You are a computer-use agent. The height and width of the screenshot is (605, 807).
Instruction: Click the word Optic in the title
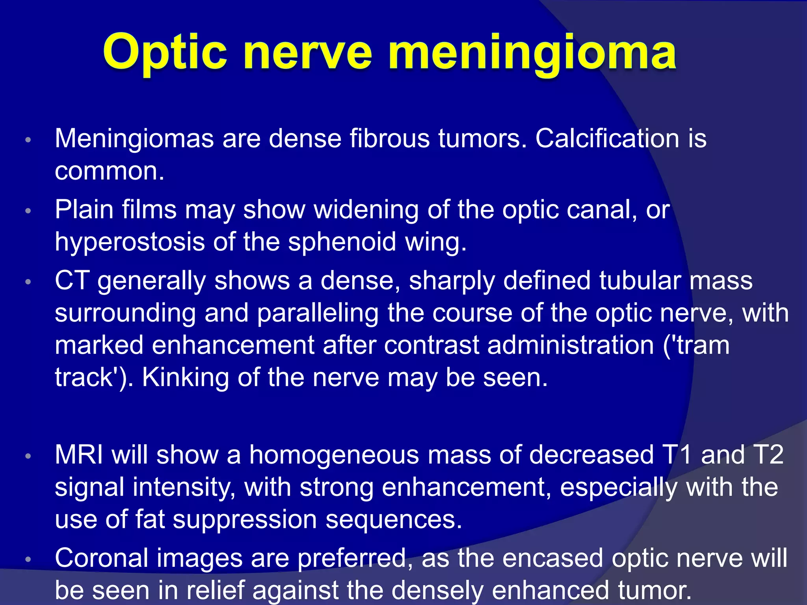point(165,53)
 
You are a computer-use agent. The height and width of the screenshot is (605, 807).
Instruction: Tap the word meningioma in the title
point(532,53)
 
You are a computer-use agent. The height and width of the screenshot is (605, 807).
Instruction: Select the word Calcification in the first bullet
point(607,139)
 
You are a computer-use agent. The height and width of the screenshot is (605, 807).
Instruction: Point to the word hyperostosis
point(130,242)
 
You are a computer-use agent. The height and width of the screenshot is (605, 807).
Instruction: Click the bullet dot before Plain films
point(28,211)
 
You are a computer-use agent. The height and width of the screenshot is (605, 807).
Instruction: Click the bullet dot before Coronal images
point(28,559)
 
